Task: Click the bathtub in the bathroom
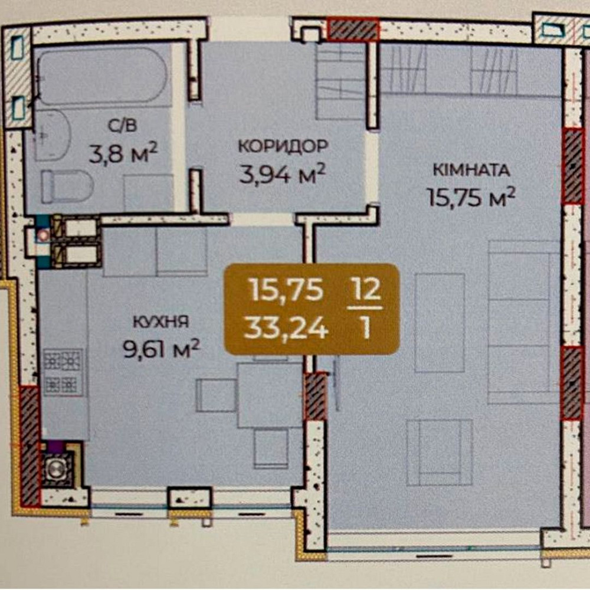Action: point(101,76)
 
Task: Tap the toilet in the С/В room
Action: point(67,186)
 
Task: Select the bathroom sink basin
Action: point(52,135)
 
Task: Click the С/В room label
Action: point(123,126)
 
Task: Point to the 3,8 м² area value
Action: point(123,153)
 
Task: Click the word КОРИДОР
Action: point(283,146)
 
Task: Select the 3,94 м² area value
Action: point(282,174)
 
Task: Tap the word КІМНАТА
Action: point(471,170)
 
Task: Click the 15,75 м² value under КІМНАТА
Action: point(471,198)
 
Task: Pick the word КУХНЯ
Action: point(161,322)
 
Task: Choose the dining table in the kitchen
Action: point(270,395)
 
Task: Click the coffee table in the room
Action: point(440,323)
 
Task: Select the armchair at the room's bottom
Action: point(440,453)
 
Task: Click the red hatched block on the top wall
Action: point(353,29)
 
